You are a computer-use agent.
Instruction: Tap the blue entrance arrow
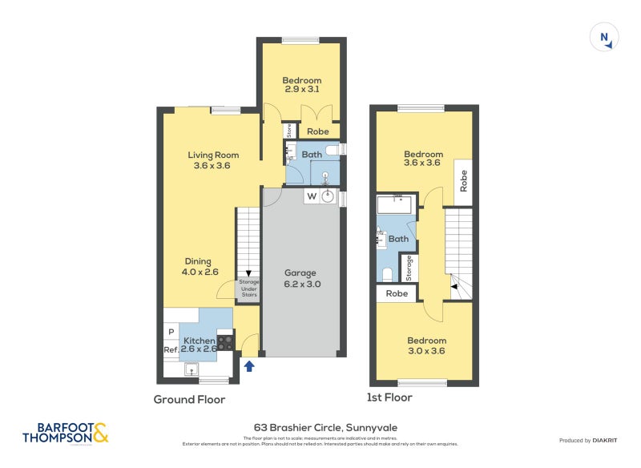point(248,366)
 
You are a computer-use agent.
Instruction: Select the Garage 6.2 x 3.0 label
point(301,278)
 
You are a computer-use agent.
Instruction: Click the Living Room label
point(213,160)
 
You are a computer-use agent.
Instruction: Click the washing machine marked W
point(312,196)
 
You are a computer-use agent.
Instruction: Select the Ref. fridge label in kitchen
point(171,350)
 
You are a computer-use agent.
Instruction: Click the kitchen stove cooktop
point(226,343)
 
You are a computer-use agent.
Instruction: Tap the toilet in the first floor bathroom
point(387,274)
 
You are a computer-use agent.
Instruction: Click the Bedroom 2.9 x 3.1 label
point(301,85)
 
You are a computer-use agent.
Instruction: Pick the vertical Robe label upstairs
point(463,182)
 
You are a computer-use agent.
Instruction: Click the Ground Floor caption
point(189,399)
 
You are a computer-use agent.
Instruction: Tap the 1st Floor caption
point(390,397)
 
